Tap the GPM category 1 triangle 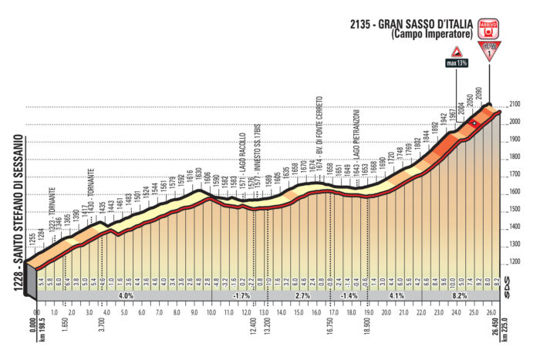pyautogui.click(x=489, y=53)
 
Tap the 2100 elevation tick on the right pyautogui.click(x=514, y=105)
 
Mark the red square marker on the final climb pyautogui.click(x=474, y=123)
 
